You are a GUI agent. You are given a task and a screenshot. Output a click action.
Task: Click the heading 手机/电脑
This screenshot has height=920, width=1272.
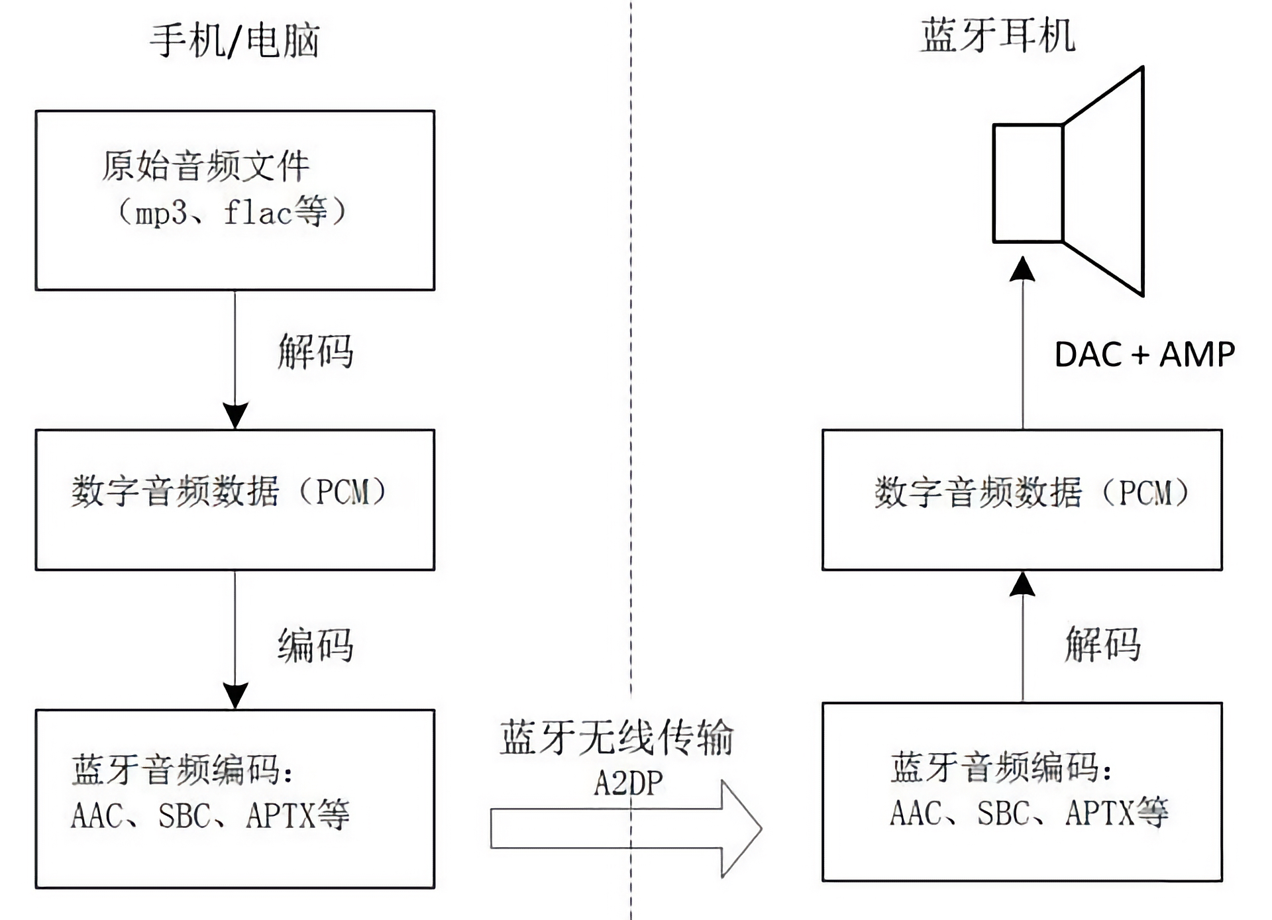click(235, 40)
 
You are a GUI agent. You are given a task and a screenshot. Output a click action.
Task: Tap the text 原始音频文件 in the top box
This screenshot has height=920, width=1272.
click(205, 166)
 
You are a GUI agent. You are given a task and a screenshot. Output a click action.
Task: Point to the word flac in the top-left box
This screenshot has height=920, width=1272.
click(257, 213)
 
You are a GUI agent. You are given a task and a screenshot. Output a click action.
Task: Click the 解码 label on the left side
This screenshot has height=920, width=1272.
click(315, 351)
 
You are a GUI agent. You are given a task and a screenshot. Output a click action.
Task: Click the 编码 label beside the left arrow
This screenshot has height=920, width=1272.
click(315, 645)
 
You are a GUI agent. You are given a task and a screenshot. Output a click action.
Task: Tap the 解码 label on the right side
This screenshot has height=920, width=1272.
click(1102, 644)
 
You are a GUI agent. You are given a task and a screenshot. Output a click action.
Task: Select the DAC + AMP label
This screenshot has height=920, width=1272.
click(1144, 354)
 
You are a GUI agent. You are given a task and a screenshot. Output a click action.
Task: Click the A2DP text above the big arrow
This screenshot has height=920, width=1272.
click(628, 784)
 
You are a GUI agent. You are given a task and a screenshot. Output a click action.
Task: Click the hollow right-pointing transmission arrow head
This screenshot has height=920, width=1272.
click(742, 829)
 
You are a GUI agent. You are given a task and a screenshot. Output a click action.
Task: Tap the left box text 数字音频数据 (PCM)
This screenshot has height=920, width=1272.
click(229, 491)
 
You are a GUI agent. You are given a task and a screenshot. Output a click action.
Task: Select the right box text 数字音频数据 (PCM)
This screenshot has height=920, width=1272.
click(1031, 492)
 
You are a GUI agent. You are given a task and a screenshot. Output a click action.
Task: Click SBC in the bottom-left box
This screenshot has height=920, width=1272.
click(184, 816)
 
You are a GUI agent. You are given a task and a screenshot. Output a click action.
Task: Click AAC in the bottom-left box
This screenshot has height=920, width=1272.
click(97, 816)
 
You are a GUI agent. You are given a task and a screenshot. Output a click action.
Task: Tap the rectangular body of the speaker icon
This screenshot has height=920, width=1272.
click(1028, 183)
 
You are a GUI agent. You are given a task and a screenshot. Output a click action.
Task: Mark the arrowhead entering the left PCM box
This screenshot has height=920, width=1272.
click(235, 415)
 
